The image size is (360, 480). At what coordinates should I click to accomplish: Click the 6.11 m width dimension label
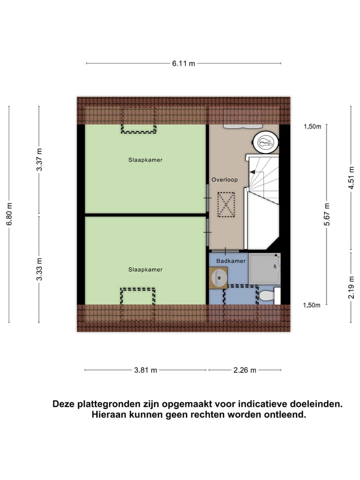(x=183, y=63)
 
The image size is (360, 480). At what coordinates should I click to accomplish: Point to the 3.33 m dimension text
(x=39, y=270)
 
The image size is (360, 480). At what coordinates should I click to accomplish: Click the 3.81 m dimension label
(x=145, y=370)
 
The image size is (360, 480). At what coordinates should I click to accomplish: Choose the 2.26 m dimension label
(x=244, y=370)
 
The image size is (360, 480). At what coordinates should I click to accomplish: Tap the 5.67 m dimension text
(x=327, y=214)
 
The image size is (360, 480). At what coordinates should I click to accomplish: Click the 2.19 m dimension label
(x=351, y=286)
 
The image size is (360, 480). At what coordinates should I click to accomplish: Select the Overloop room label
(x=224, y=179)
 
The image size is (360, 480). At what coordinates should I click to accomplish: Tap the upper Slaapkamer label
(x=145, y=160)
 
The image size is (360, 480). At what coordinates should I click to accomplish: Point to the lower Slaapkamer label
(x=145, y=269)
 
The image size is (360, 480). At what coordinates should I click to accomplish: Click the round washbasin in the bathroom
(x=219, y=277)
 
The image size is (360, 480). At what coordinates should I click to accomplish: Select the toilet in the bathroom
(x=267, y=295)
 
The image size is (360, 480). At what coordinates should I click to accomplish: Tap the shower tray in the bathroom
(x=264, y=267)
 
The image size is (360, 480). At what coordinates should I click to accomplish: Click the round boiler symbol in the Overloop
(x=266, y=142)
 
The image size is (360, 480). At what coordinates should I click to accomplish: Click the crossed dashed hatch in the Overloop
(x=226, y=204)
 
